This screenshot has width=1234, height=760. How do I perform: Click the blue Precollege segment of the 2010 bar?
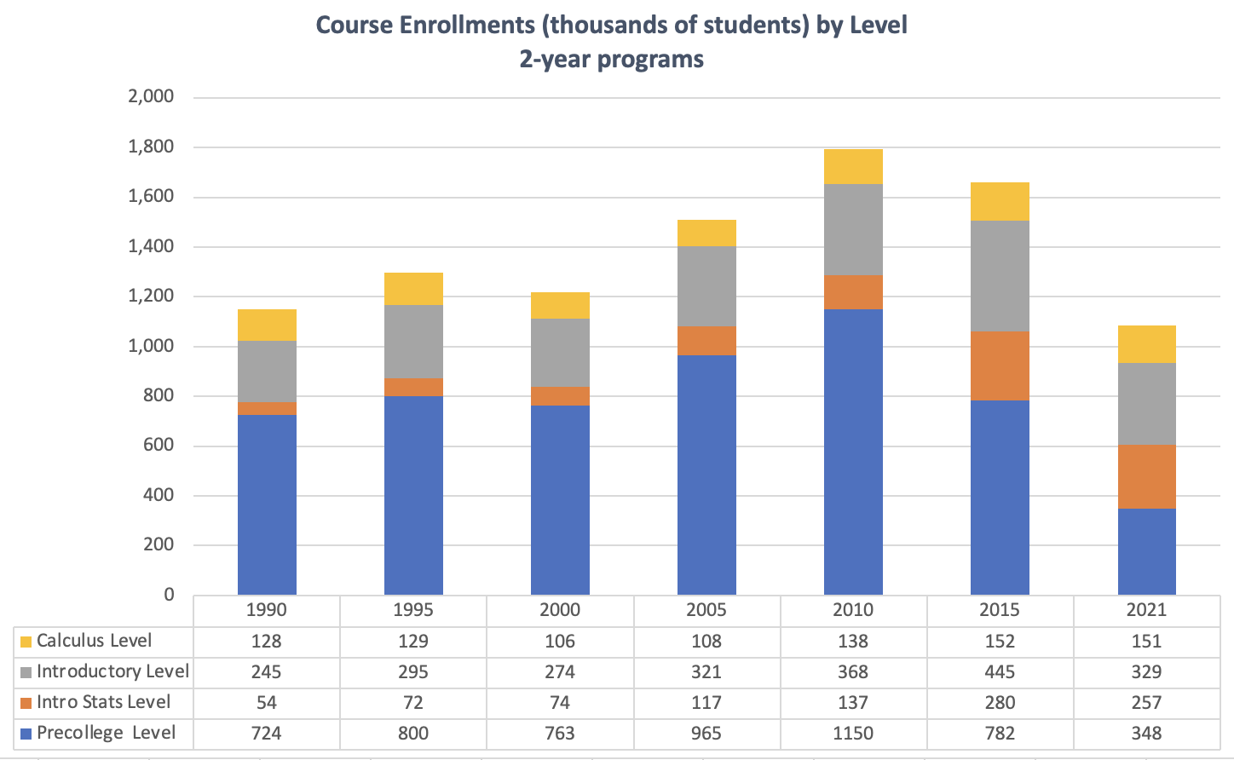[853, 452]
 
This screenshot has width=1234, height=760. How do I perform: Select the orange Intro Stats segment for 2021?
[1146, 476]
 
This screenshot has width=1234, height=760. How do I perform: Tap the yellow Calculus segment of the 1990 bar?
[267, 325]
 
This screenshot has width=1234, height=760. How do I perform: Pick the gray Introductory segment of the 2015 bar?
[1000, 276]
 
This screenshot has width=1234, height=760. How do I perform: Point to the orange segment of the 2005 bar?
[706, 341]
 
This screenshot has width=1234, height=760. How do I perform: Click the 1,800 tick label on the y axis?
[151, 147]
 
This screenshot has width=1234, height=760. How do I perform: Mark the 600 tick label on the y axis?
[157, 445]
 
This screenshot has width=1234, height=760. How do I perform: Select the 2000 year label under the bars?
[560, 610]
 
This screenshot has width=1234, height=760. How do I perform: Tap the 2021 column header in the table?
[1146, 610]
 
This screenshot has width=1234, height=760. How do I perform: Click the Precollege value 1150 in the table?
[853, 733]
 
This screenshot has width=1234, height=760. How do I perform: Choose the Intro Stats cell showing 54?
[267, 702]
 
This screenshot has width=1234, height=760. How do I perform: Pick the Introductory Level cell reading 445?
[1000, 671]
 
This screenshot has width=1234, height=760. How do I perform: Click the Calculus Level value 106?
[560, 641]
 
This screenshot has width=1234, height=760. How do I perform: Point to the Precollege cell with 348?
[1146, 733]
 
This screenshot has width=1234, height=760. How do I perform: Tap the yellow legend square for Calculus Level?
[26, 642]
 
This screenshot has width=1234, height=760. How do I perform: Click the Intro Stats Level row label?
[103, 702]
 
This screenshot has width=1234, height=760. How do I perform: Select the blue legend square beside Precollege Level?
[26, 734]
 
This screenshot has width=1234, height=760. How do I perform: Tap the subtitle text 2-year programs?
[611, 59]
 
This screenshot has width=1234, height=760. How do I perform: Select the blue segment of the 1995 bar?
[413, 495]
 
